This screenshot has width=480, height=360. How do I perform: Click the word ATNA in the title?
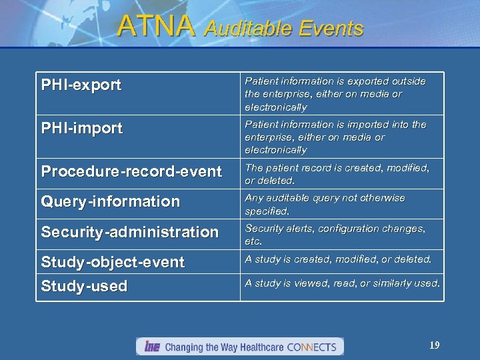pos(156,26)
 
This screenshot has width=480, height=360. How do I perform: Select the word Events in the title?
pos(331,29)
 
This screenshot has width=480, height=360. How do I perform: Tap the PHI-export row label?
pos(81,85)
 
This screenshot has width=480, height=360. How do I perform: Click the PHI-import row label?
pos(82,129)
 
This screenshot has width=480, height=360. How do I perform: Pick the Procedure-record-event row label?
pos(131,171)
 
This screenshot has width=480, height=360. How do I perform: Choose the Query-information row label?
pos(111,201)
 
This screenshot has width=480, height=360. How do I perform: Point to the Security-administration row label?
pos(130,232)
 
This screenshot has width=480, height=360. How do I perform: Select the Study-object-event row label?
pos(113,262)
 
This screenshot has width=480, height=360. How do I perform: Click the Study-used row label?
pos(84,287)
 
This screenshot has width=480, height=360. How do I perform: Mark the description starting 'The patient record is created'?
pos(337,174)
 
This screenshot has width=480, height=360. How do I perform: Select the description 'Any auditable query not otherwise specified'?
pos(325,204)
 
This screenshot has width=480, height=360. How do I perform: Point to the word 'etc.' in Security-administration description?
pos(253,241)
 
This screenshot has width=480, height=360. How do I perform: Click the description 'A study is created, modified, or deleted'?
pos(338,259)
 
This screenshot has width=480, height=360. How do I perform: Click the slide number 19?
pos(434,345)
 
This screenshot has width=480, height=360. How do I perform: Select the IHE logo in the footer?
pos(150,347)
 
